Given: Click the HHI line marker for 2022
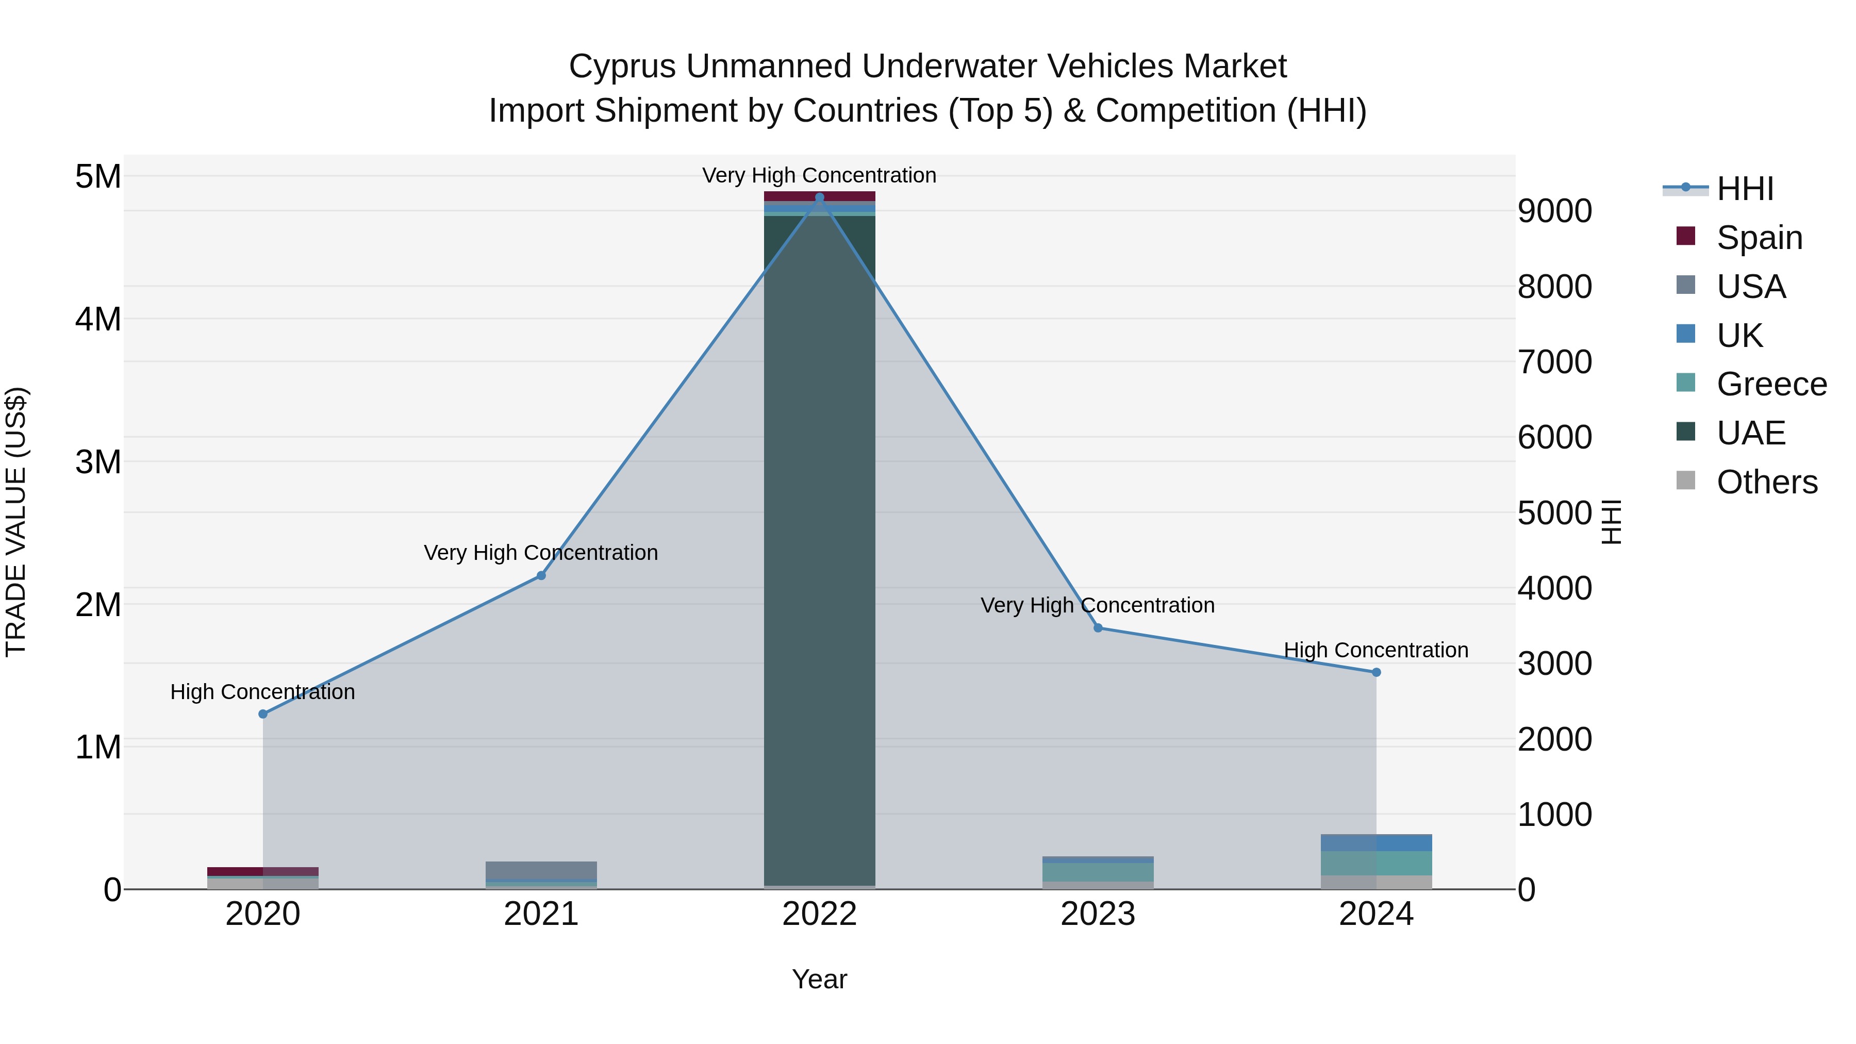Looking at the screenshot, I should tap(819, 197).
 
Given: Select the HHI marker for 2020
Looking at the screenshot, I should tap(263, 714).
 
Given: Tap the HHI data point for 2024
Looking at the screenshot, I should tap(1376, 672).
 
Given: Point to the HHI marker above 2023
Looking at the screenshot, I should tap(1098, 627).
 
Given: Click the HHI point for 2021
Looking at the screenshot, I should tap(541, 576).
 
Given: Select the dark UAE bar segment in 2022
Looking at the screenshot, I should tap(819, 548).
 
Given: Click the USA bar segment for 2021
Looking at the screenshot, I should tap(541, 870).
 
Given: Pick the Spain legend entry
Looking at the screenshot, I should tap(1758, 238).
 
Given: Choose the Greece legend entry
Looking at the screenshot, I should tap(1770, 384).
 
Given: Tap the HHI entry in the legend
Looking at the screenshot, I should tap(1744, 189).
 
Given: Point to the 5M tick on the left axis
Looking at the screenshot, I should tap(98, 176).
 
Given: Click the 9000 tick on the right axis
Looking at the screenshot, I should tap(1554, 211).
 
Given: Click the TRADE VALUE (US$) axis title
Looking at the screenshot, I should tap(16, 522).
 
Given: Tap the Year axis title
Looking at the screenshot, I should tap(819, 979).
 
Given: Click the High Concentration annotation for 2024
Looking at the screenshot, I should tap(1376, 650).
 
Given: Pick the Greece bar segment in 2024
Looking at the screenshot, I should tap(1376, 863).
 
